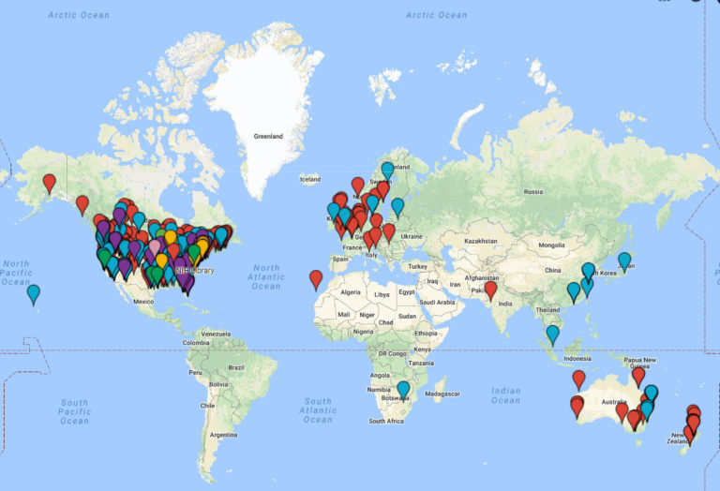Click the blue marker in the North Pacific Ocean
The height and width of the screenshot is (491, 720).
point(34,293)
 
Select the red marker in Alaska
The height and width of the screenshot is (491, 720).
point(50,183)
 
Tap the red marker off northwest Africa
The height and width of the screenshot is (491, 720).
point(316,278)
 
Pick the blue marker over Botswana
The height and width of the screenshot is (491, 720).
point(403,389)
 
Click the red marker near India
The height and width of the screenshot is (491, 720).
point(490,290)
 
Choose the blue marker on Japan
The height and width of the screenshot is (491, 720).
point(624,260)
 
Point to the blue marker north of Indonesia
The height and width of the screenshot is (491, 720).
point(553,333)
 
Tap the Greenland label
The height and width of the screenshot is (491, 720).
point(268,136)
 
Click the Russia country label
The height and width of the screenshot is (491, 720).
point(532,192)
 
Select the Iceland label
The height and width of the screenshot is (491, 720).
point(310,179)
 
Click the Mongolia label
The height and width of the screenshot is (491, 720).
point(550,245)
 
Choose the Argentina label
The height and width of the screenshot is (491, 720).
point(224,436)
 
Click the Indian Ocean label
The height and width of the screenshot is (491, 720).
point(505,395)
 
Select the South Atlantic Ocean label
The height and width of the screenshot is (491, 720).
point(318,409)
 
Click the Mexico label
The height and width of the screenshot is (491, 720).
point(142,302)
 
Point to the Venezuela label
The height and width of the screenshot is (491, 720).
point(216,334)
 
